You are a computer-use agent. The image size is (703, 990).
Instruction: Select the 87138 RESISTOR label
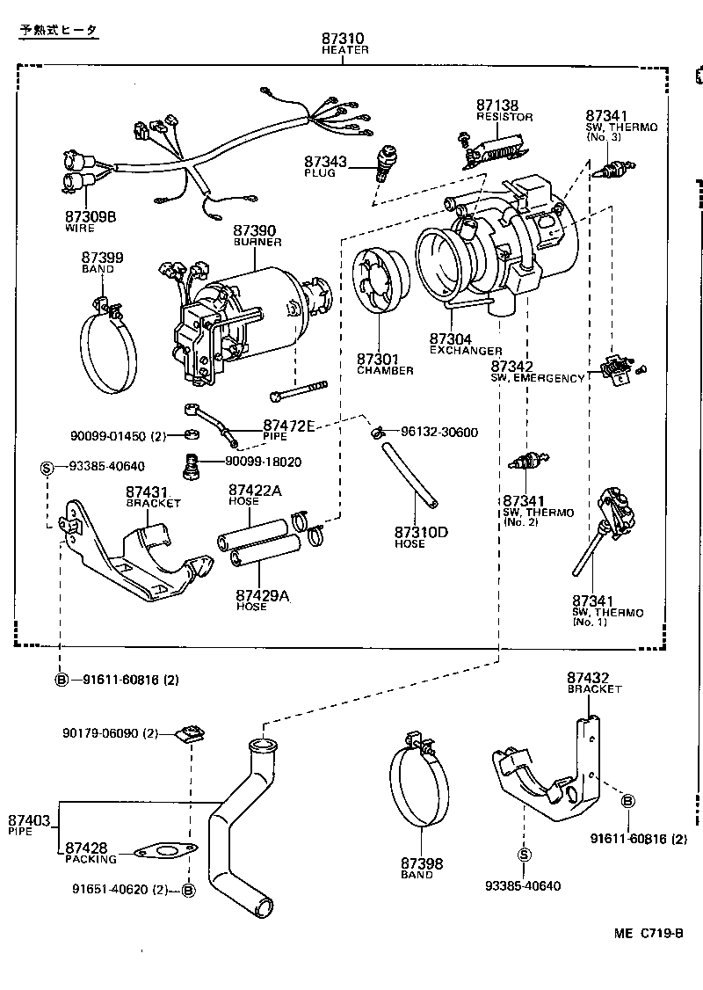coord(504,109)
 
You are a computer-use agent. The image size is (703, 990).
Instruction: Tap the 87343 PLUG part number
coord(326,162)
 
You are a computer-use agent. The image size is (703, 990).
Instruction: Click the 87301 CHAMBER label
coord(384,363)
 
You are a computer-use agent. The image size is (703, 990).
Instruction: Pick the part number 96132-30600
coord(438,432)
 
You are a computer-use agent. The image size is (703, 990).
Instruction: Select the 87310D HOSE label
coord(421,536)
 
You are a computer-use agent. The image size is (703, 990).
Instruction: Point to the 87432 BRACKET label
coord(593,682)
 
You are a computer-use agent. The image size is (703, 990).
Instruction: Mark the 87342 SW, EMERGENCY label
coord(537,371)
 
